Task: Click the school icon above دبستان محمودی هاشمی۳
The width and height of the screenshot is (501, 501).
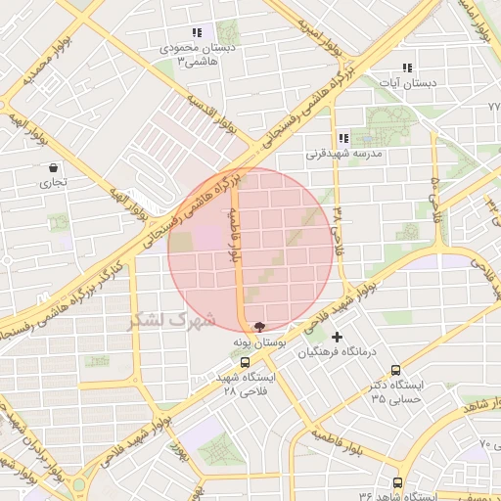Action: coord(197,32)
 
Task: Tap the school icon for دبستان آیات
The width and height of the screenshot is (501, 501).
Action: coord(406,68)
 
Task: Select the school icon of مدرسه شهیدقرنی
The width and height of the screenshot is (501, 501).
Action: coord(342,138)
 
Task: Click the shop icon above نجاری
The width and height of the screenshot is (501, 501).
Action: coord(51,167)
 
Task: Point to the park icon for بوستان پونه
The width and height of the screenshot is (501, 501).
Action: coord(258,328)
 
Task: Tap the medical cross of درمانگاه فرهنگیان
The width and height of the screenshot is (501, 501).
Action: coord(338,338)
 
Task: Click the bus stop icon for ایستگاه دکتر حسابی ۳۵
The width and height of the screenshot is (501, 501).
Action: coord(395,370)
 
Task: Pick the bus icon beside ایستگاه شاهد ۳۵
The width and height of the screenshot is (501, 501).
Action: coord(397,482)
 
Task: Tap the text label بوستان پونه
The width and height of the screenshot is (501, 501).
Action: coord(257,343)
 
